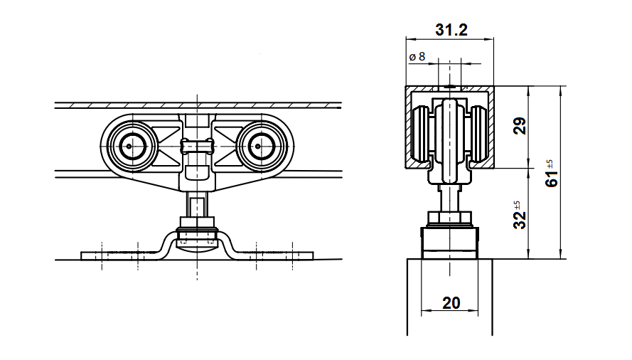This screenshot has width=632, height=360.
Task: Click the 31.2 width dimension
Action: pos(451,29)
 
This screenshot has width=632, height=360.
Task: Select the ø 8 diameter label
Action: pos(417,56)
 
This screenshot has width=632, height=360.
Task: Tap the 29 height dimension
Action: pos(520,127)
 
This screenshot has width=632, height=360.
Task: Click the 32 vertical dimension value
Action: pos(520,219)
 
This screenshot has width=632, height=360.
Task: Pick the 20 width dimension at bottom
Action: pos(451,302)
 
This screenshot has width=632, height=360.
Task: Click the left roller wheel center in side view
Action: pos(130,147)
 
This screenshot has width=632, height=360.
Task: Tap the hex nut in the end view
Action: pos(450,218)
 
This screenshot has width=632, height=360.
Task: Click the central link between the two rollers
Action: pos(196,147)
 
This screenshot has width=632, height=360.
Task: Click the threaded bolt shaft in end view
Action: pos(450,196)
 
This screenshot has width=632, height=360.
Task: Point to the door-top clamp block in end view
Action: pos(450,242)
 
